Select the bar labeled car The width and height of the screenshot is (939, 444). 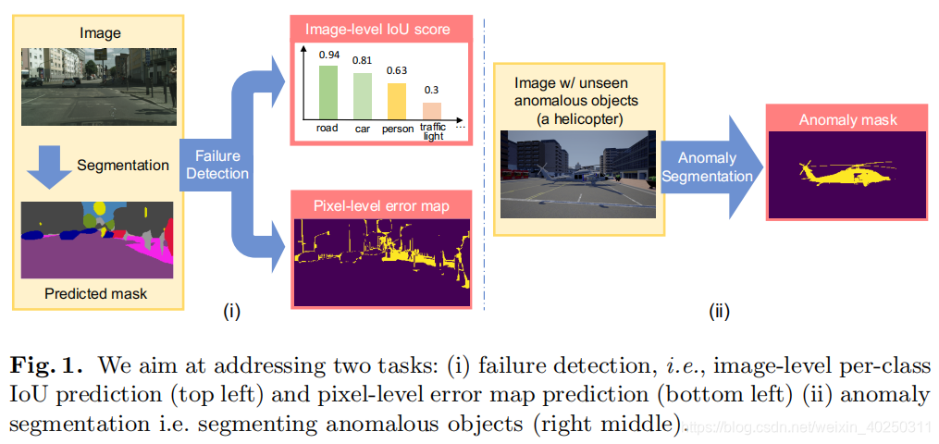363,95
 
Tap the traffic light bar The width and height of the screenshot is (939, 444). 432,109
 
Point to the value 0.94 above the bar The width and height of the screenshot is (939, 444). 328,55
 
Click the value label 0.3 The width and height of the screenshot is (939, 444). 432,90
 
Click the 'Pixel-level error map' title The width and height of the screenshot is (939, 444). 381,205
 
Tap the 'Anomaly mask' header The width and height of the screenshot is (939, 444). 846,120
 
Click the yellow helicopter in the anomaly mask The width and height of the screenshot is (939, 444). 844,174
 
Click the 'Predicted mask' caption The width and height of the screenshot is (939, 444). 96,294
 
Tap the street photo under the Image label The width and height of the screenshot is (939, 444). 97,88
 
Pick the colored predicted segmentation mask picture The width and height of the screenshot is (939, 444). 97,240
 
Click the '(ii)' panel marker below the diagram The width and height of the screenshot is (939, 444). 719,313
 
